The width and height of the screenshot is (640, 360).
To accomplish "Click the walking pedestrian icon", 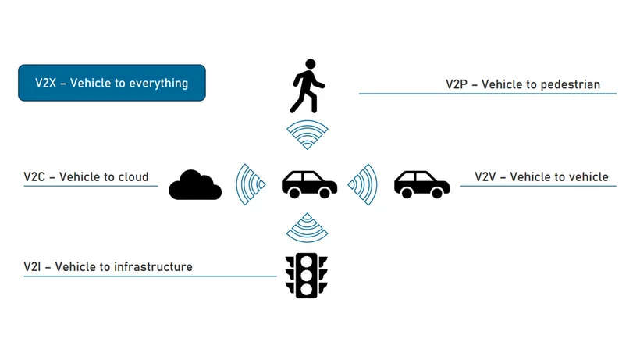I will pos(307,86).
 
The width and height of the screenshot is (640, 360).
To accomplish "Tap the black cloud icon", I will pos(194,186).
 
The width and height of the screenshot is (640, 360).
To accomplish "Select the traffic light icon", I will pos(306,275).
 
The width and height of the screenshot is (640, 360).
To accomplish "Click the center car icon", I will pos(309,184).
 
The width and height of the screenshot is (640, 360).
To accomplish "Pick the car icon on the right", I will pos(421,184).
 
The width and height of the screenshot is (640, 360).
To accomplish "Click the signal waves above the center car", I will pos(306,134).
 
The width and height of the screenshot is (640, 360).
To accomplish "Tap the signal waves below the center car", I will pos(306,228).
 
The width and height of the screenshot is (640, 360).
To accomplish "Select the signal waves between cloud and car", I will pos(250,184).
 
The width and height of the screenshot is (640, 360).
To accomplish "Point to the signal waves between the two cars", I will pos(364,184).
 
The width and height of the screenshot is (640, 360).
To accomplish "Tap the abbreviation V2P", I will pos(457,84).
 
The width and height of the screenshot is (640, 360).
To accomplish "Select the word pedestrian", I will pos(567,84).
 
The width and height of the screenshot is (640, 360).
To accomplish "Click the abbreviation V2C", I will pos(34,176).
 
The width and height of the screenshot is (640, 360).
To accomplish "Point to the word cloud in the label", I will pos(132,176).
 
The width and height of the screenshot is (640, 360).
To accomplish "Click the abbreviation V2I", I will pos(32,266).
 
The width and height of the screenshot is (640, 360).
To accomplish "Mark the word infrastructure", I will pos(153,266).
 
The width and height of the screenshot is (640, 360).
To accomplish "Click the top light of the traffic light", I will pos(307,262).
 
